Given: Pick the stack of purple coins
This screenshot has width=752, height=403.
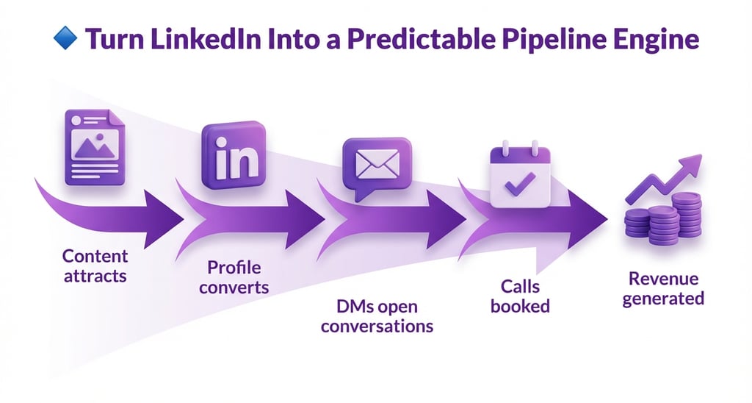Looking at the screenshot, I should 662,218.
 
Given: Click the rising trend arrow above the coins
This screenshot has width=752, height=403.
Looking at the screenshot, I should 664,176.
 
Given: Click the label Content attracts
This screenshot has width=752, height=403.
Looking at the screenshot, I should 95,266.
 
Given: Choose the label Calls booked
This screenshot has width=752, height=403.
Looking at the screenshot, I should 521,295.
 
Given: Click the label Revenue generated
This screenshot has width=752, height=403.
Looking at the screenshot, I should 663,288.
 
